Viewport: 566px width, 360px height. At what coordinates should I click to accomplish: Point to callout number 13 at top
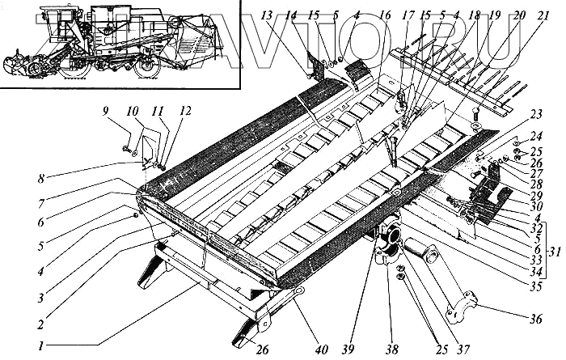point(267,14)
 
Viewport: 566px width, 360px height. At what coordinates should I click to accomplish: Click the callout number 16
point(385,14)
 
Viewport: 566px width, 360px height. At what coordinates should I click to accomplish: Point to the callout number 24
point(535,138)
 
